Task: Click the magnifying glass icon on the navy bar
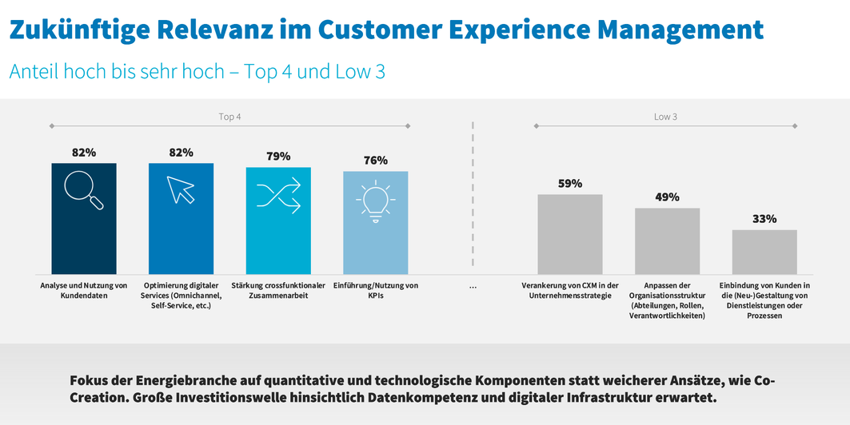[x=84, y=192]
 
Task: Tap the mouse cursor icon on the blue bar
[x=181, y=190]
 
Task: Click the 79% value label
[x=278, y=157]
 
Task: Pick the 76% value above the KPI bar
[x=375, y=161]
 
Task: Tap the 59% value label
[x=569, y=184]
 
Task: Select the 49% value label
[x=667, y=197]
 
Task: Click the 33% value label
[x=764, y=219]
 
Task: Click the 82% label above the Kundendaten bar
[x=84, y=153]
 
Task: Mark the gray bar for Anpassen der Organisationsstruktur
[x=667, y=241]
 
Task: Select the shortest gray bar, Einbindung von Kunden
[x=764, y=252]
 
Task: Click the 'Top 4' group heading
[x=229, y=117]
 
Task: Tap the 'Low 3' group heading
[x=665, y=117]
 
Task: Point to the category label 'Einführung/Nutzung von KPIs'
[x=375, y=290]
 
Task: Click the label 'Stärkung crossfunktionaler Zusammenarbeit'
[x=278, y=290]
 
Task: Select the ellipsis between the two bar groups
[x=473, y=286]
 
